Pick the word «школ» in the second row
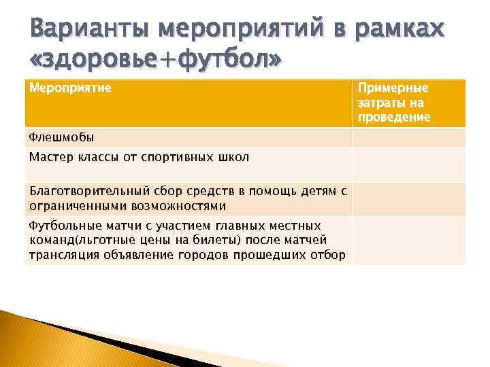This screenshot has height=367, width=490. [233, 157]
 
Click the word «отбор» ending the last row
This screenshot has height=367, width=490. [327, 255]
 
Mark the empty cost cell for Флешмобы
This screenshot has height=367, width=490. [408, 137]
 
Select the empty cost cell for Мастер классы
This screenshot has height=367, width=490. [408, 164]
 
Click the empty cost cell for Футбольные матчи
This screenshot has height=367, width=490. [408, 240]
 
